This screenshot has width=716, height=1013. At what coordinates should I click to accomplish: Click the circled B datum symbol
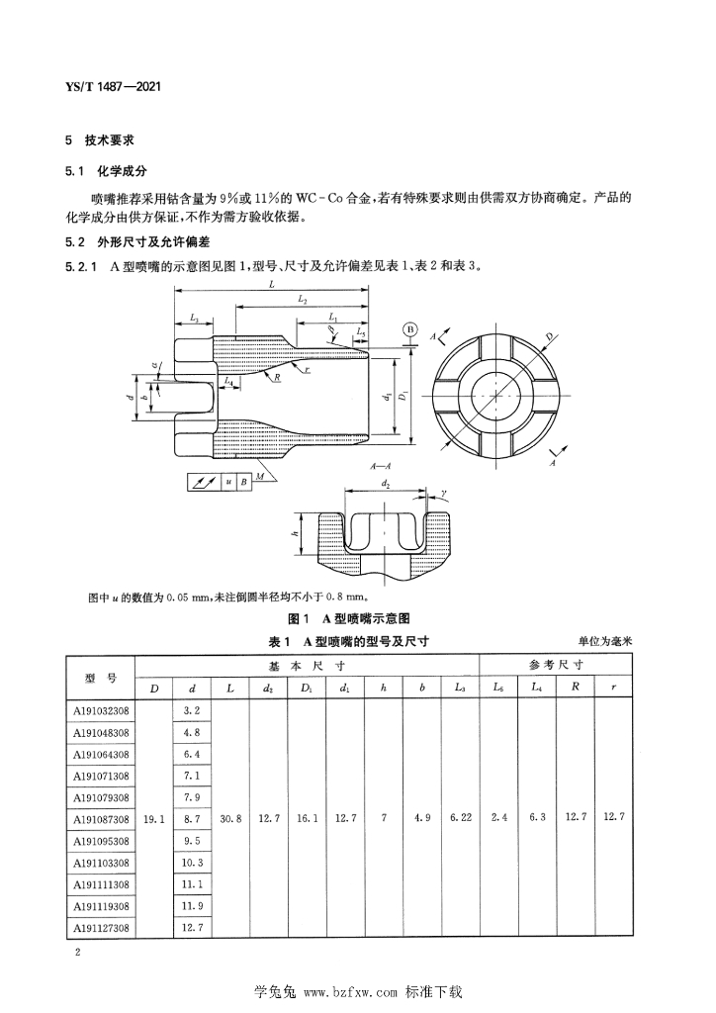point(407,329)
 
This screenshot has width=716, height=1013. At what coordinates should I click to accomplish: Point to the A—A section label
point(380,464)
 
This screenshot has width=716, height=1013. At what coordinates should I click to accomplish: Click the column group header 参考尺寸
point(557,665)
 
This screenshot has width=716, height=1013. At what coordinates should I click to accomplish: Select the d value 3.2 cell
point(192,710)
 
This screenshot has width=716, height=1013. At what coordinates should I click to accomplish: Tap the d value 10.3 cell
point(192,863)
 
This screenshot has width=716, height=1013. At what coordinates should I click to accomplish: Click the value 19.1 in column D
point(153,819)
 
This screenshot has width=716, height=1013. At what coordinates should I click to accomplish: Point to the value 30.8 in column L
point(229,819)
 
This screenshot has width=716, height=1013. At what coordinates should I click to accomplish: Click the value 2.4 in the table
point(498,819)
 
